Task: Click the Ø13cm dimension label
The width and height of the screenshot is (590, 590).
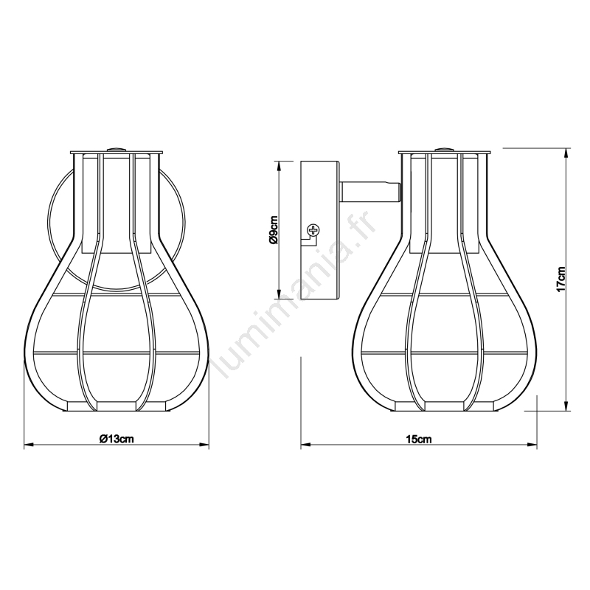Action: click(117, 439)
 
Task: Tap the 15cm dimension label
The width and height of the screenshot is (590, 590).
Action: click(418, 439)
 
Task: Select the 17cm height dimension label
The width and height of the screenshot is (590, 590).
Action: click(560, 279)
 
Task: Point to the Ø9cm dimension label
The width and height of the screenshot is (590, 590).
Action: click(274, 230)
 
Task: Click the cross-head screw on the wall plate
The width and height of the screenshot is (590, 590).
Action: click(313, 229)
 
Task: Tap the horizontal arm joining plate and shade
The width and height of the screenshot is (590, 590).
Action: click(370, 192)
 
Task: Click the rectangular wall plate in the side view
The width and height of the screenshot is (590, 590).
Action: click(320, 230)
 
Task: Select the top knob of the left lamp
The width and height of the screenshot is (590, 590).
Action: click(117, 150)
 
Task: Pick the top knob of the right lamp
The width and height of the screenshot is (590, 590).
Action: click(445, 150)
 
